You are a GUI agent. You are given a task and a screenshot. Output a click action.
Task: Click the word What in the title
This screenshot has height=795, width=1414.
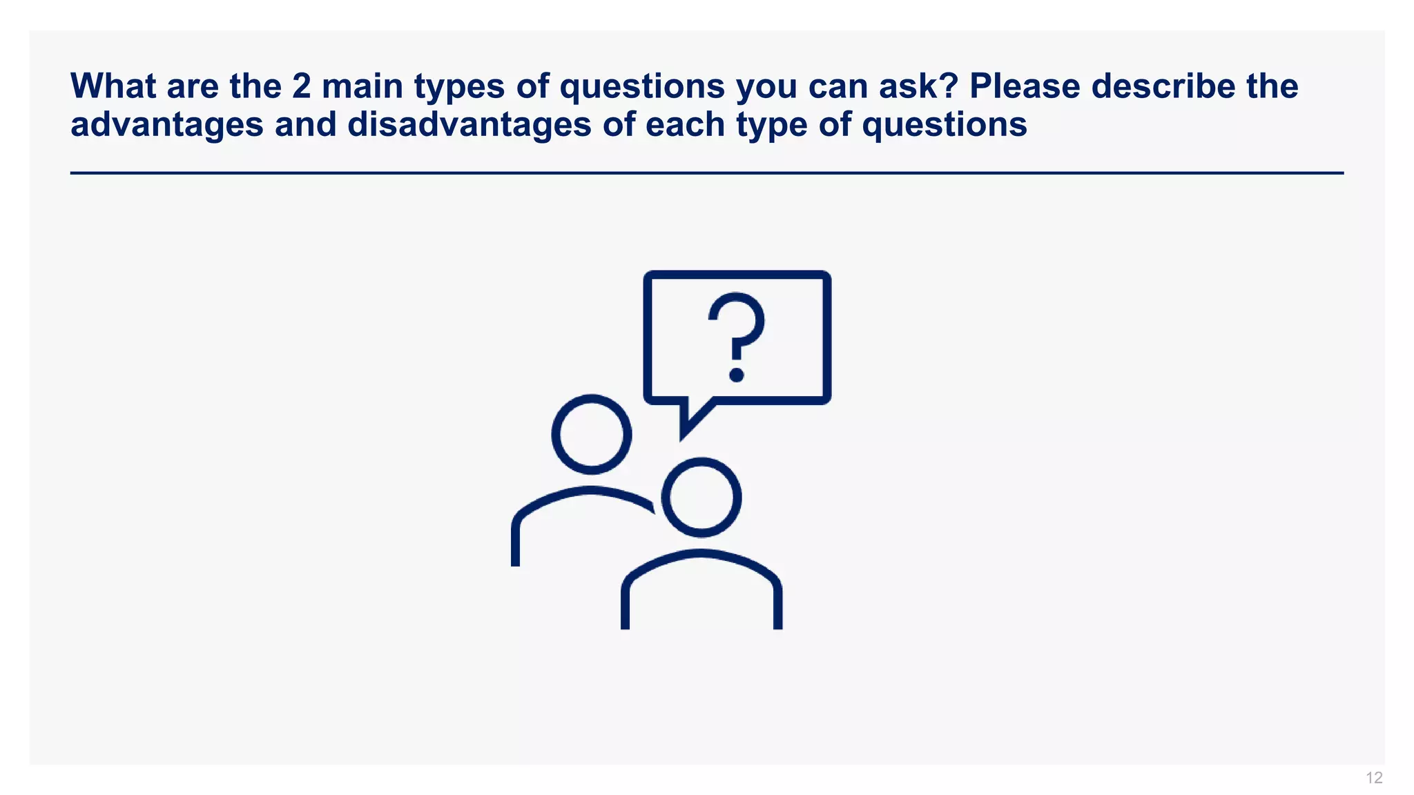(x=113, y=86)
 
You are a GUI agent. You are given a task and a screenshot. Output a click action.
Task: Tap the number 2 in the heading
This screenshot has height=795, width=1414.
(x=301, y=86)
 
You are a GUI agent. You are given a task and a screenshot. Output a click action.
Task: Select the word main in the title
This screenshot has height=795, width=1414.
(x=362, y=86)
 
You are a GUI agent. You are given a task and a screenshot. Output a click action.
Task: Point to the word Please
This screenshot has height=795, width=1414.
(x=1025, y=86)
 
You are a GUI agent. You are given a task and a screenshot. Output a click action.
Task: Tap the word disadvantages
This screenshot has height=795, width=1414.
(x=469, y=125)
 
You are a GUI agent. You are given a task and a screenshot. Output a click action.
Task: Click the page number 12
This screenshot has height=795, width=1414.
(x=1374, y=778)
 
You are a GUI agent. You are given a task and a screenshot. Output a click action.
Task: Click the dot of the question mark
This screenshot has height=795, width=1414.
(x=737, y=375)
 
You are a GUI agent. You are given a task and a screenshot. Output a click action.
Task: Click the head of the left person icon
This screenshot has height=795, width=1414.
(x=592, y=434)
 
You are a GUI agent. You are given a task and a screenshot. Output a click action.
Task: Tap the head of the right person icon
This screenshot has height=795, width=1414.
(x=701, y=497)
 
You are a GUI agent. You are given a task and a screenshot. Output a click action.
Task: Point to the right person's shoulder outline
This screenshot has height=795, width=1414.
(x=701, y=553)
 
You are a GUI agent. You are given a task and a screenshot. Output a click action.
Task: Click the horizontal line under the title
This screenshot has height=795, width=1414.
(x=707, y=173)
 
